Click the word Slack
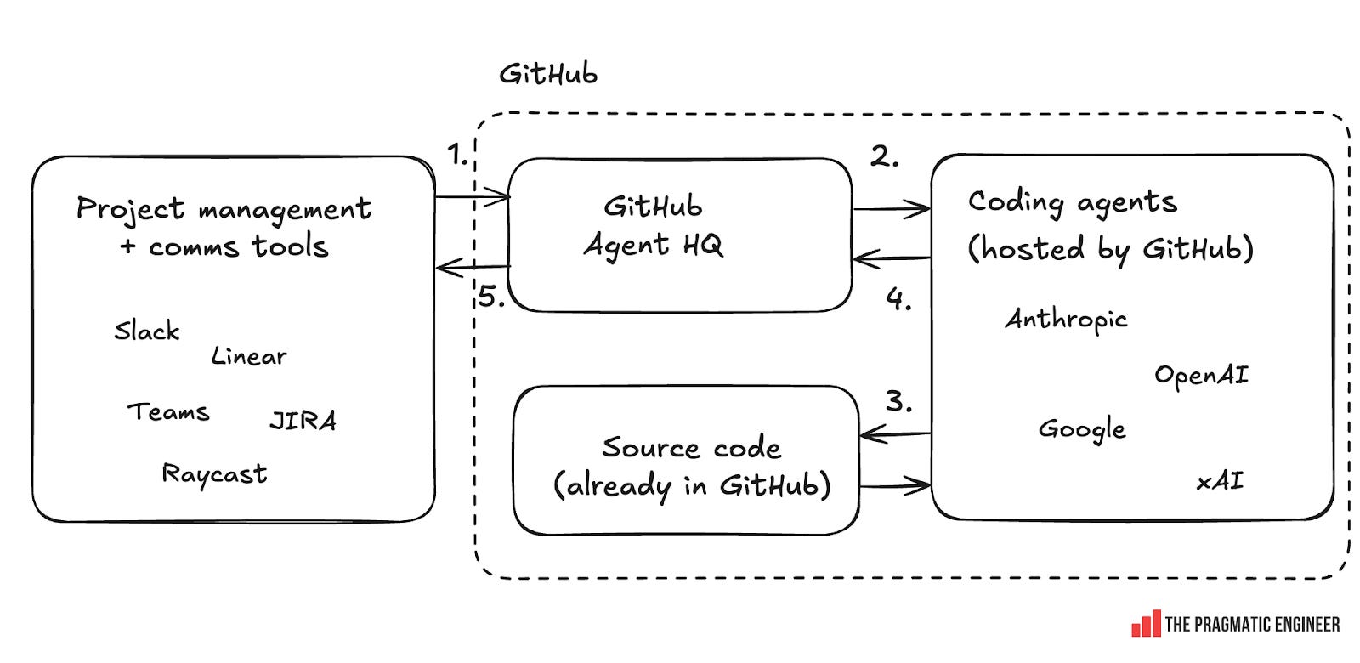coord(147,330)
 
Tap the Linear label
coord(248,356)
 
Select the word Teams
coord(168,412)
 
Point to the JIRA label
coord(303,421)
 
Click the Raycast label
coord(214,474)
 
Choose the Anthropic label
coord(1066,320)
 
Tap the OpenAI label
coord(1201,376)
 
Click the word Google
coord(1082,430)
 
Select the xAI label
coord(1220,482)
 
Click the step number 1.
coord(456,155)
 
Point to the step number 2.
coord(884,156)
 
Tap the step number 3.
coord(898,400)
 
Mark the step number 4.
coord(898,299)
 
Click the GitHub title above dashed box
coord(548,74)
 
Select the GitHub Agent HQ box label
coord(653,226)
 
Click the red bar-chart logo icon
coord(1145,623)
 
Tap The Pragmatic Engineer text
coord(1251,625)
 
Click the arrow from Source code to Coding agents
coord(894,487)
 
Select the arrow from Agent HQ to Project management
coord(472,268)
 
